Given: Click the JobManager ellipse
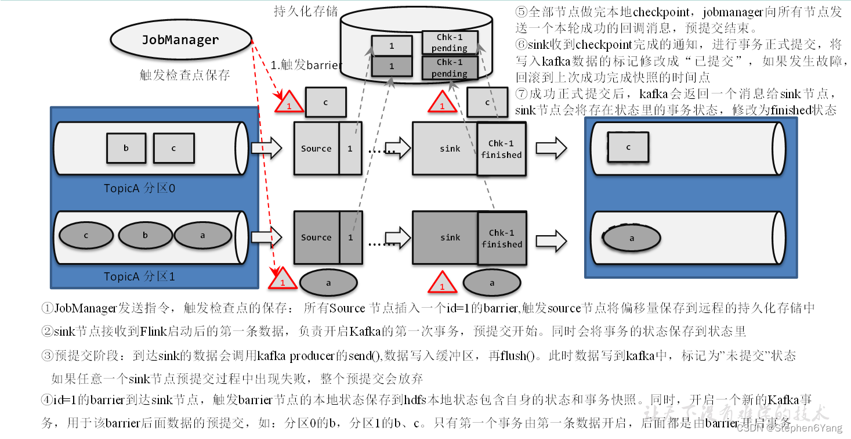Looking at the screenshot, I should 180,39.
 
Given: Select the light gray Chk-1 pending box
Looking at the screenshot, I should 450,42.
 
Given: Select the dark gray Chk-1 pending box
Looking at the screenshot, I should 450,68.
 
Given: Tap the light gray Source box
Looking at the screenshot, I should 317,149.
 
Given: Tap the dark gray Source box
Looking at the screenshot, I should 317,238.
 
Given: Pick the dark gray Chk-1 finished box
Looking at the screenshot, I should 501,239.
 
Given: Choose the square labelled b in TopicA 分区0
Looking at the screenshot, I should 126,148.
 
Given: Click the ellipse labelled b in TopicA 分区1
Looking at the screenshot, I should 146,235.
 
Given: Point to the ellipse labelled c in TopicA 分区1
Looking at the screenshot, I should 86,235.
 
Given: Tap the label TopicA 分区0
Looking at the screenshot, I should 139,188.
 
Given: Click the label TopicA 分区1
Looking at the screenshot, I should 139,276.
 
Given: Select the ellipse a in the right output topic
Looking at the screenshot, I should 632,238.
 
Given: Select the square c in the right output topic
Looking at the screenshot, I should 628,147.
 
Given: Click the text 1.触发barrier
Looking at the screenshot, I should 306,65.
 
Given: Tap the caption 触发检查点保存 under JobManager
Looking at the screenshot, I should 185,75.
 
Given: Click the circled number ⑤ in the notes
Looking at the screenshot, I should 521,12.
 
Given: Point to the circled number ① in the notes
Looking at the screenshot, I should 48,308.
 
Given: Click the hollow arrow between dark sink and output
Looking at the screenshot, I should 551,239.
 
